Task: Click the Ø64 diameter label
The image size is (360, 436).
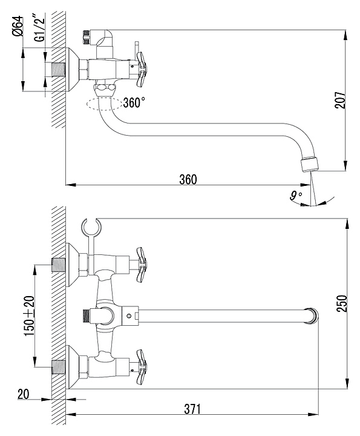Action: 18,27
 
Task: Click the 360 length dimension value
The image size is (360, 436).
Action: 188,180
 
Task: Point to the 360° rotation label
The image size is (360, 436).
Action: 134,102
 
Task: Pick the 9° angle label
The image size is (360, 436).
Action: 295,196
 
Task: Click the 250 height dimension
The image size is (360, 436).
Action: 342,303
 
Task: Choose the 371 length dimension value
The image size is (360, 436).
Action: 192,409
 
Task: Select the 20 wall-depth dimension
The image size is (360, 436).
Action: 24,394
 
